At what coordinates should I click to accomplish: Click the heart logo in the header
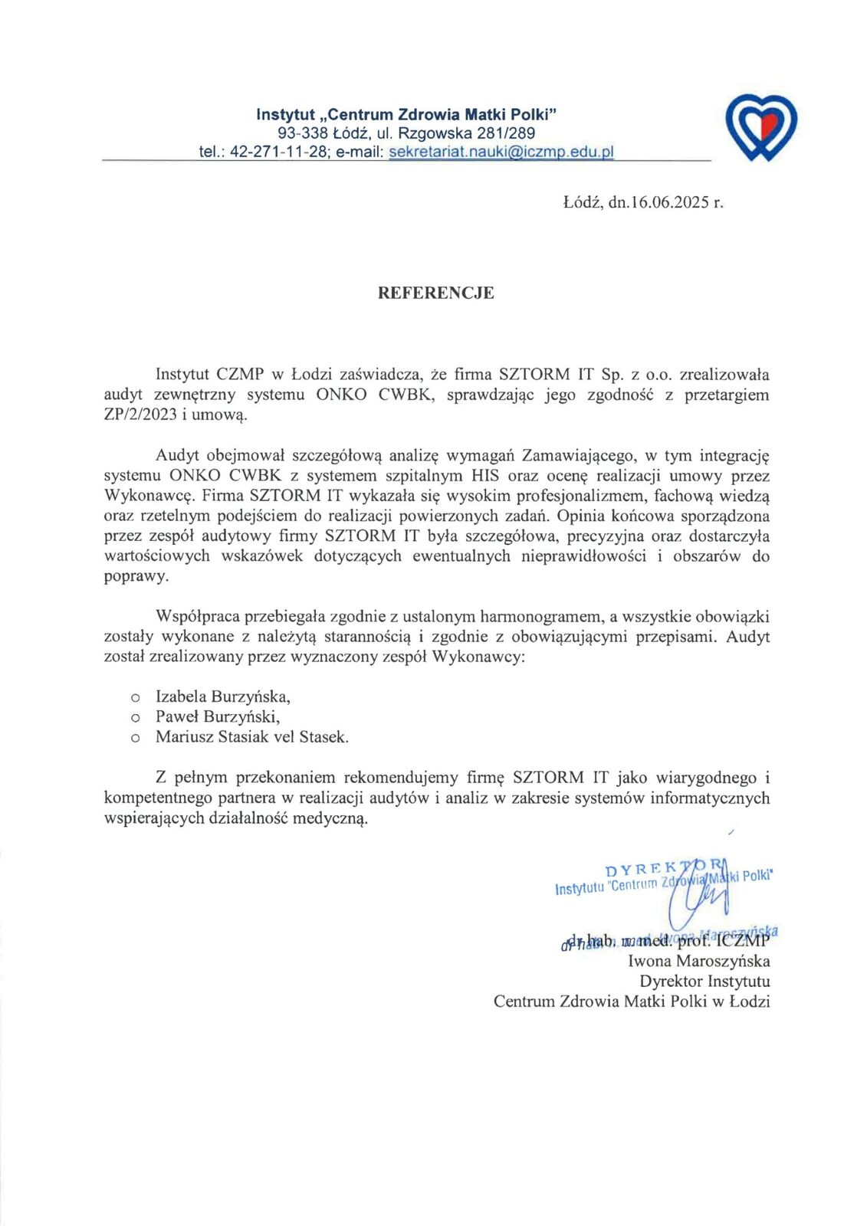tap(760, 126)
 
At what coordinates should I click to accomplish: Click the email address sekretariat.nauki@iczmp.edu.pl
tap(501, 152)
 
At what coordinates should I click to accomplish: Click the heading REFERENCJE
tap(435, 293)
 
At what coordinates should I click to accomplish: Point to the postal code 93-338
tap(304, 133)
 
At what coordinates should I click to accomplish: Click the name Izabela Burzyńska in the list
tap(222, 697)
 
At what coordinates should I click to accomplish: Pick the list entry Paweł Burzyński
tap(217, 716)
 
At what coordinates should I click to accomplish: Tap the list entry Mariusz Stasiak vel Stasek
tap(251, 737)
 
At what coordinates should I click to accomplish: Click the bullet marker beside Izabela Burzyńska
tap(135, 697)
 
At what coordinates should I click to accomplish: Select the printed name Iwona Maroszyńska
tap(698, 961)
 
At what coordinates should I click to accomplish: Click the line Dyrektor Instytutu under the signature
tap(704, 981)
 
